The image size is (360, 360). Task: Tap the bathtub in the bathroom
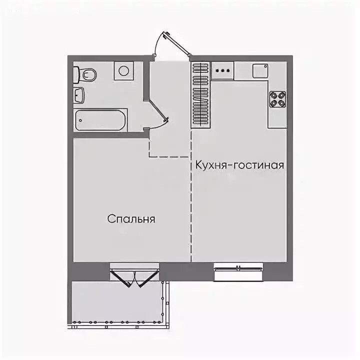tap(100, 119)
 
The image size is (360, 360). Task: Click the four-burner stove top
tap(277, 99)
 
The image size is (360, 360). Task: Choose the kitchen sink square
tap(259, 71)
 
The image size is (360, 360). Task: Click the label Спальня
tap(131, 219)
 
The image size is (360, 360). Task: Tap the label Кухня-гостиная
tap(239, 165)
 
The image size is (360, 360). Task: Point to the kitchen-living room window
tap(238, 273)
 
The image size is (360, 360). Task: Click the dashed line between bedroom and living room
tap(191, 200)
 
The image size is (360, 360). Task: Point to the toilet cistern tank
tap(76, 75)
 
